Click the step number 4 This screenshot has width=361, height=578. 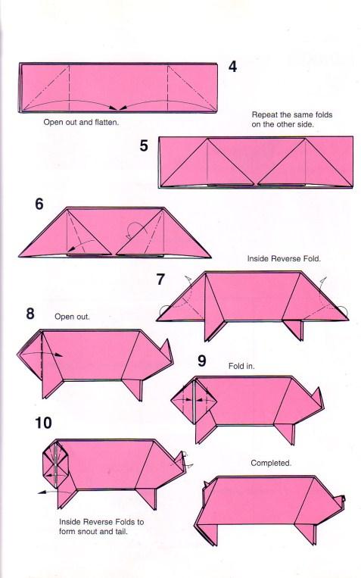232,67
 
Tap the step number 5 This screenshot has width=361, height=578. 144,145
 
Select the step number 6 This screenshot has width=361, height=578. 39,204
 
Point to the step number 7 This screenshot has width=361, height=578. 160,279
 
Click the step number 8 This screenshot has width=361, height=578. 30,314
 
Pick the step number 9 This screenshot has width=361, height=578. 202,361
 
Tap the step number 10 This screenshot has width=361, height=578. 43,423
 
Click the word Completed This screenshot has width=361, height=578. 271,463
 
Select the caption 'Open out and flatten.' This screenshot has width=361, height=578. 82,122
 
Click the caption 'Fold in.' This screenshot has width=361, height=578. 241,366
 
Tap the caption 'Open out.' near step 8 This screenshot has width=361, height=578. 72,317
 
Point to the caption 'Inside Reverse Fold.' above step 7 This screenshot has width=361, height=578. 284,259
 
